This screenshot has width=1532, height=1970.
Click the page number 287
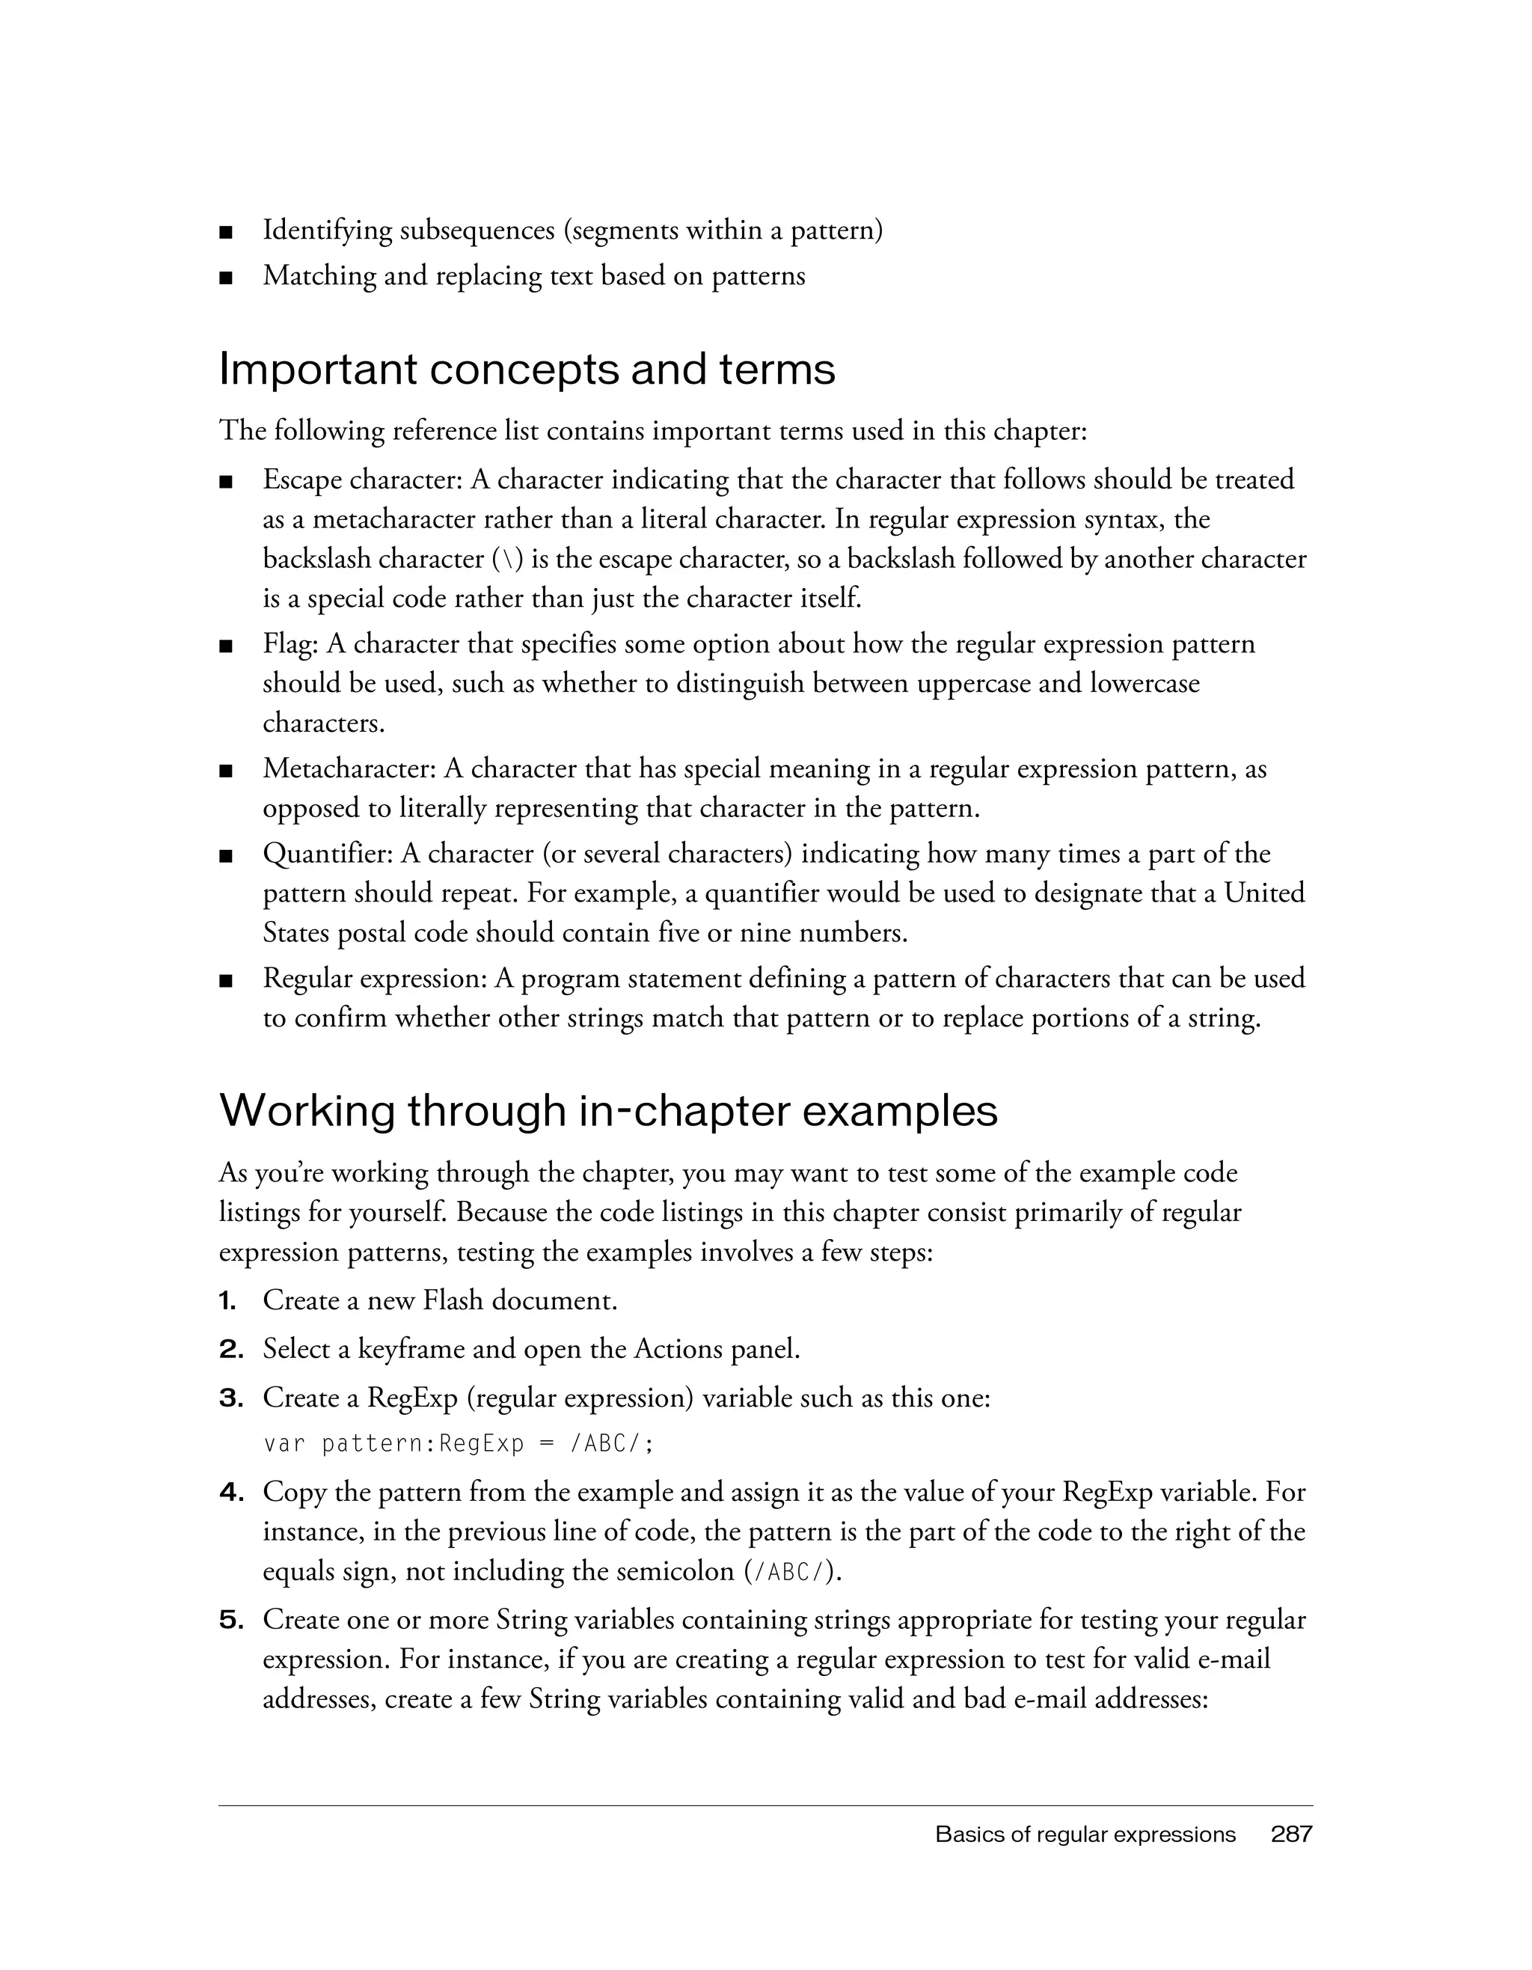(1290, 1834)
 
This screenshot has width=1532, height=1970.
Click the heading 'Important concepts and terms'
(527, 370)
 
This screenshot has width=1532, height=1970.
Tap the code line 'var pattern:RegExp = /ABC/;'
(458, 1444)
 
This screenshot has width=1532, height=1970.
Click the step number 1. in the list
(228, 1300)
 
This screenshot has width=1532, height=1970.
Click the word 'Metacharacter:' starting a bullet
(350, 768)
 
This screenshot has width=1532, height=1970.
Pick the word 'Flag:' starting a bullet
(290, 644)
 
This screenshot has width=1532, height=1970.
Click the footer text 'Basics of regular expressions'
(1085, 1835)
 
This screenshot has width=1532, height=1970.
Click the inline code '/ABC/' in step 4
(787, 1572)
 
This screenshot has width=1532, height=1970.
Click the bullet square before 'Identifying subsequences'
(225, 233)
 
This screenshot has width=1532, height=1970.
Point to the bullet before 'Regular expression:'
(225, 979)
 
